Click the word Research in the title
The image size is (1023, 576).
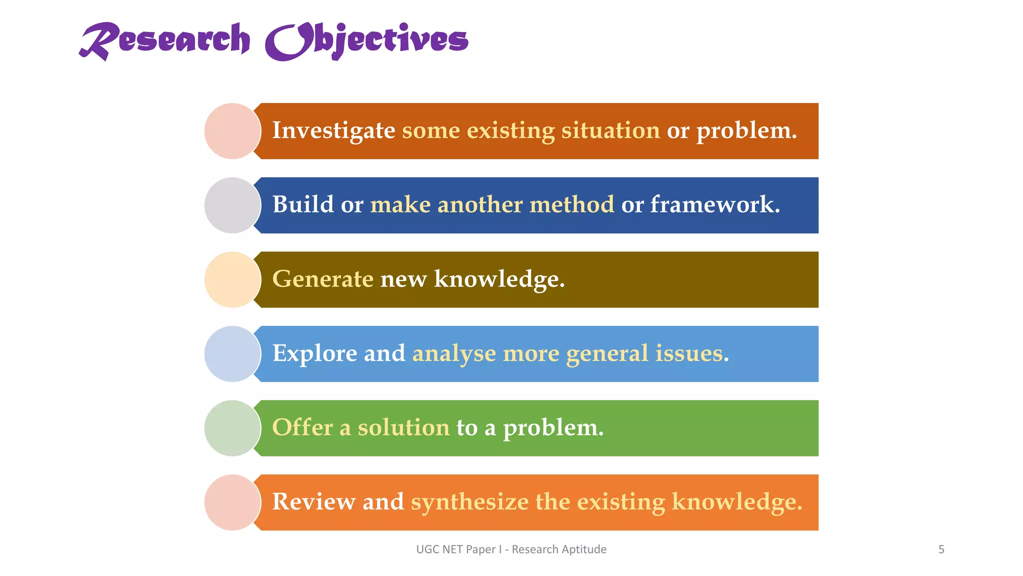[165, 40]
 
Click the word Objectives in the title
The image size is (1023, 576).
[367, 40]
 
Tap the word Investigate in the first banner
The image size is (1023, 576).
[334, 131]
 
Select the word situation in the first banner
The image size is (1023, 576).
[610, 131]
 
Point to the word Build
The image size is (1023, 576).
[303, 205]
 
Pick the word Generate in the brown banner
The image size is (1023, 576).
[323, 279]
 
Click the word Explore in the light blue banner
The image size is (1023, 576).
[315, 353]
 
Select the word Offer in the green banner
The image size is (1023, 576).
[302, 427]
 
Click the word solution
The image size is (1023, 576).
[404, 427]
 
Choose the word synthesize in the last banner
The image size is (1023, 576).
[470, 502]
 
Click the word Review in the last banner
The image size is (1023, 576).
[313, 502]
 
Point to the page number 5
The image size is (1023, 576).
[941, 549]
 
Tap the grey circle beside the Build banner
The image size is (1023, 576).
[232, 205]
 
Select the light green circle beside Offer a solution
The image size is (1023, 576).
[232, 428]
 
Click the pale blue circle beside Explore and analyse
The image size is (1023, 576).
[232, 354]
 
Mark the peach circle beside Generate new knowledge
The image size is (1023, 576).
[232, 279]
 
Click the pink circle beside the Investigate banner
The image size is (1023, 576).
[232, 131]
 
